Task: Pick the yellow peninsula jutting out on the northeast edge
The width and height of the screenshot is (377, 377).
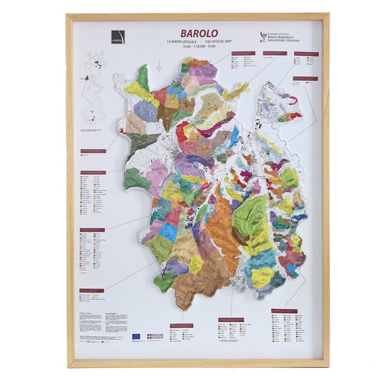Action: pyautogui.click(x=235, y=92)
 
